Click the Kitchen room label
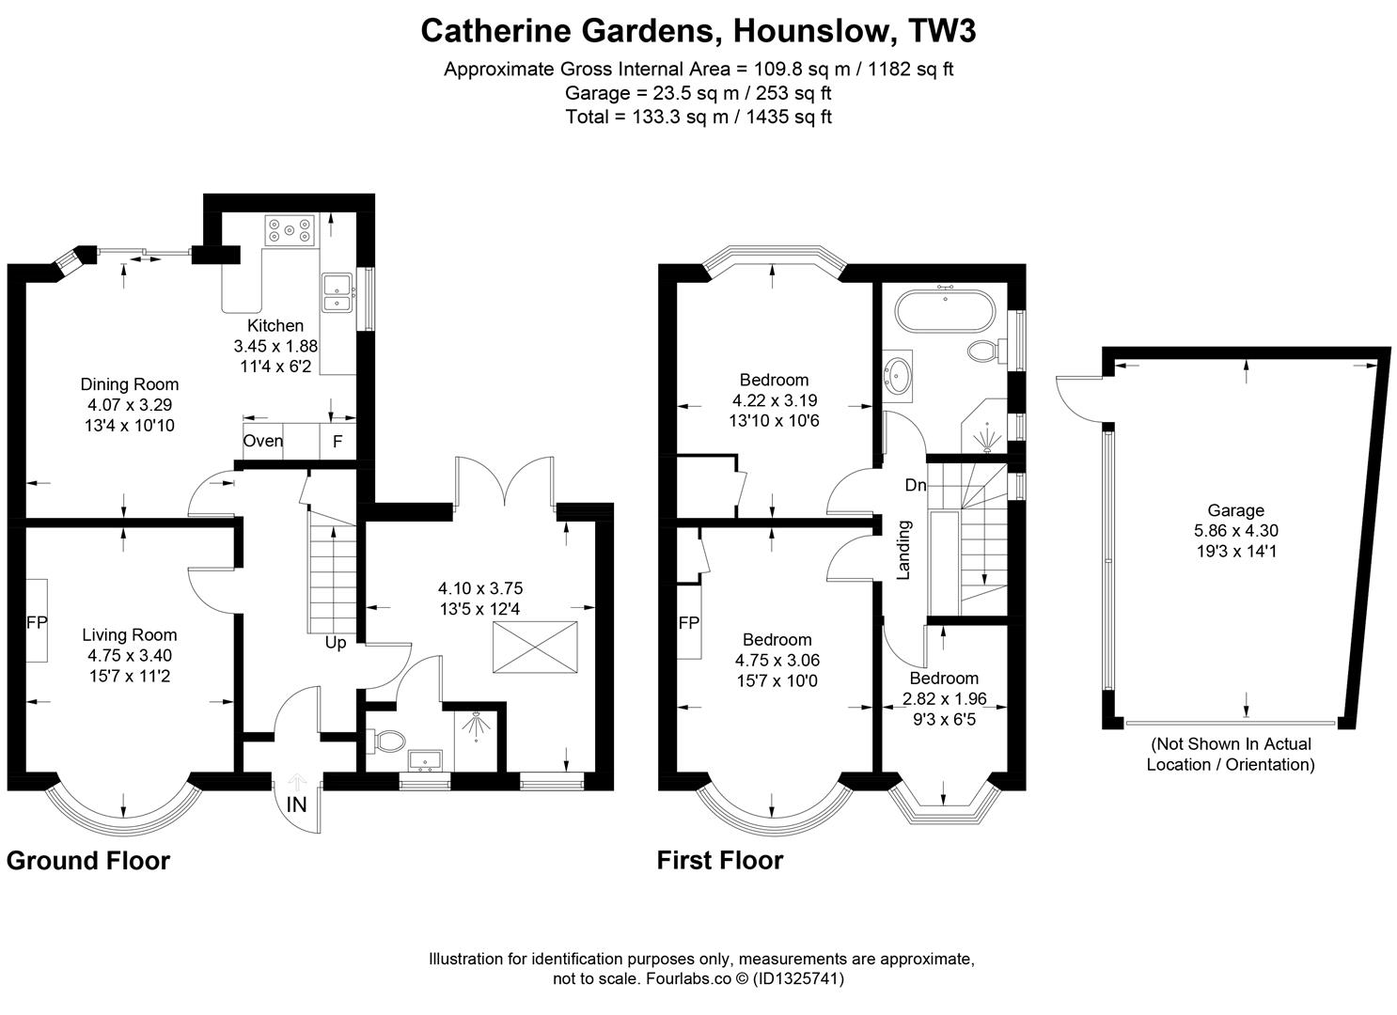tap(275, 325)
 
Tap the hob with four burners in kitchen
tap(290, 230)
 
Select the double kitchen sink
tap(337, 292)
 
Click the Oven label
tap(262, 441)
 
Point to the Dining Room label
tap(130, 384)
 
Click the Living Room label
tap(130, 634)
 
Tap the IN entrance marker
tap(297, 804)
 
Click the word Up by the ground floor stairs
tap(336, 643)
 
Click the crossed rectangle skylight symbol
tap(535, 647)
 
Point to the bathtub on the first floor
tap(945, 311)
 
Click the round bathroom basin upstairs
tap(897, 373)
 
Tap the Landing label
tap(903, 550)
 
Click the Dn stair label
tap(916, 484)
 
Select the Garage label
tap(1235, 510)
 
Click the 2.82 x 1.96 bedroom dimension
tap(944, 698)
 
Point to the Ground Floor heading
tap(88, 860)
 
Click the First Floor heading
tap(720, 860)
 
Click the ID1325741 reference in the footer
tap(797, 978)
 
